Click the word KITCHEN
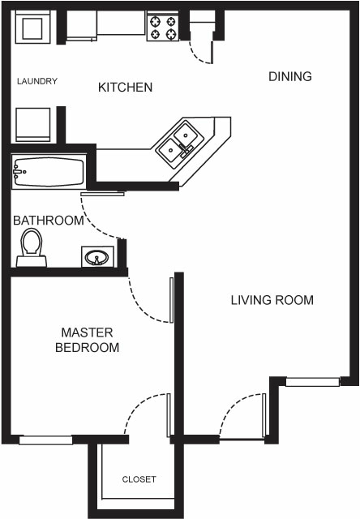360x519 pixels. [x=125, y=87]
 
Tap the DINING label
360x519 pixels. [x=290, y=77]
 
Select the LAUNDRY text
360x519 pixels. [x=36, y=81]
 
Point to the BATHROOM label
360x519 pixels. [x=48, y=221]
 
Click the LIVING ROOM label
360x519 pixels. [x=272, y=300]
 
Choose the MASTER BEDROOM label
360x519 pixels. [x=87, y=340]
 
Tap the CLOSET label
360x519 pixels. [x=139, y=479]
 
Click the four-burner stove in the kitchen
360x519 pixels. [x=163, y=28]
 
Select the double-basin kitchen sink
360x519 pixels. [x=179, y=140]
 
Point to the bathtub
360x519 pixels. [x=48, y=172]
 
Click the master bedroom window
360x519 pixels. [x=45, y=440]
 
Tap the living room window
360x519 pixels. [x=312, y=381]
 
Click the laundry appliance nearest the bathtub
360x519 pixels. [x=32, y=125]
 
